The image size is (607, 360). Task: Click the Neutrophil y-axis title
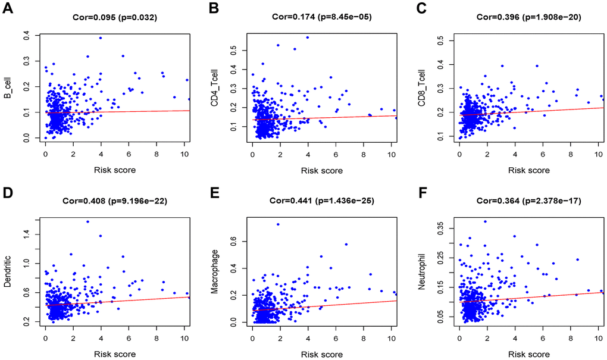pos(422,271)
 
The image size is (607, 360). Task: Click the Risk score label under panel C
pos(524,170)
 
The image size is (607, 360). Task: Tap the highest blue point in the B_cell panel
pos(101,37)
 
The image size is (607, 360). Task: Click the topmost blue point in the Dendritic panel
pos(87,221)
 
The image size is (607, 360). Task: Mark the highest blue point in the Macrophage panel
pos(278,224)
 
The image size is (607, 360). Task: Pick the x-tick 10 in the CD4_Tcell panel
pos(391,155)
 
